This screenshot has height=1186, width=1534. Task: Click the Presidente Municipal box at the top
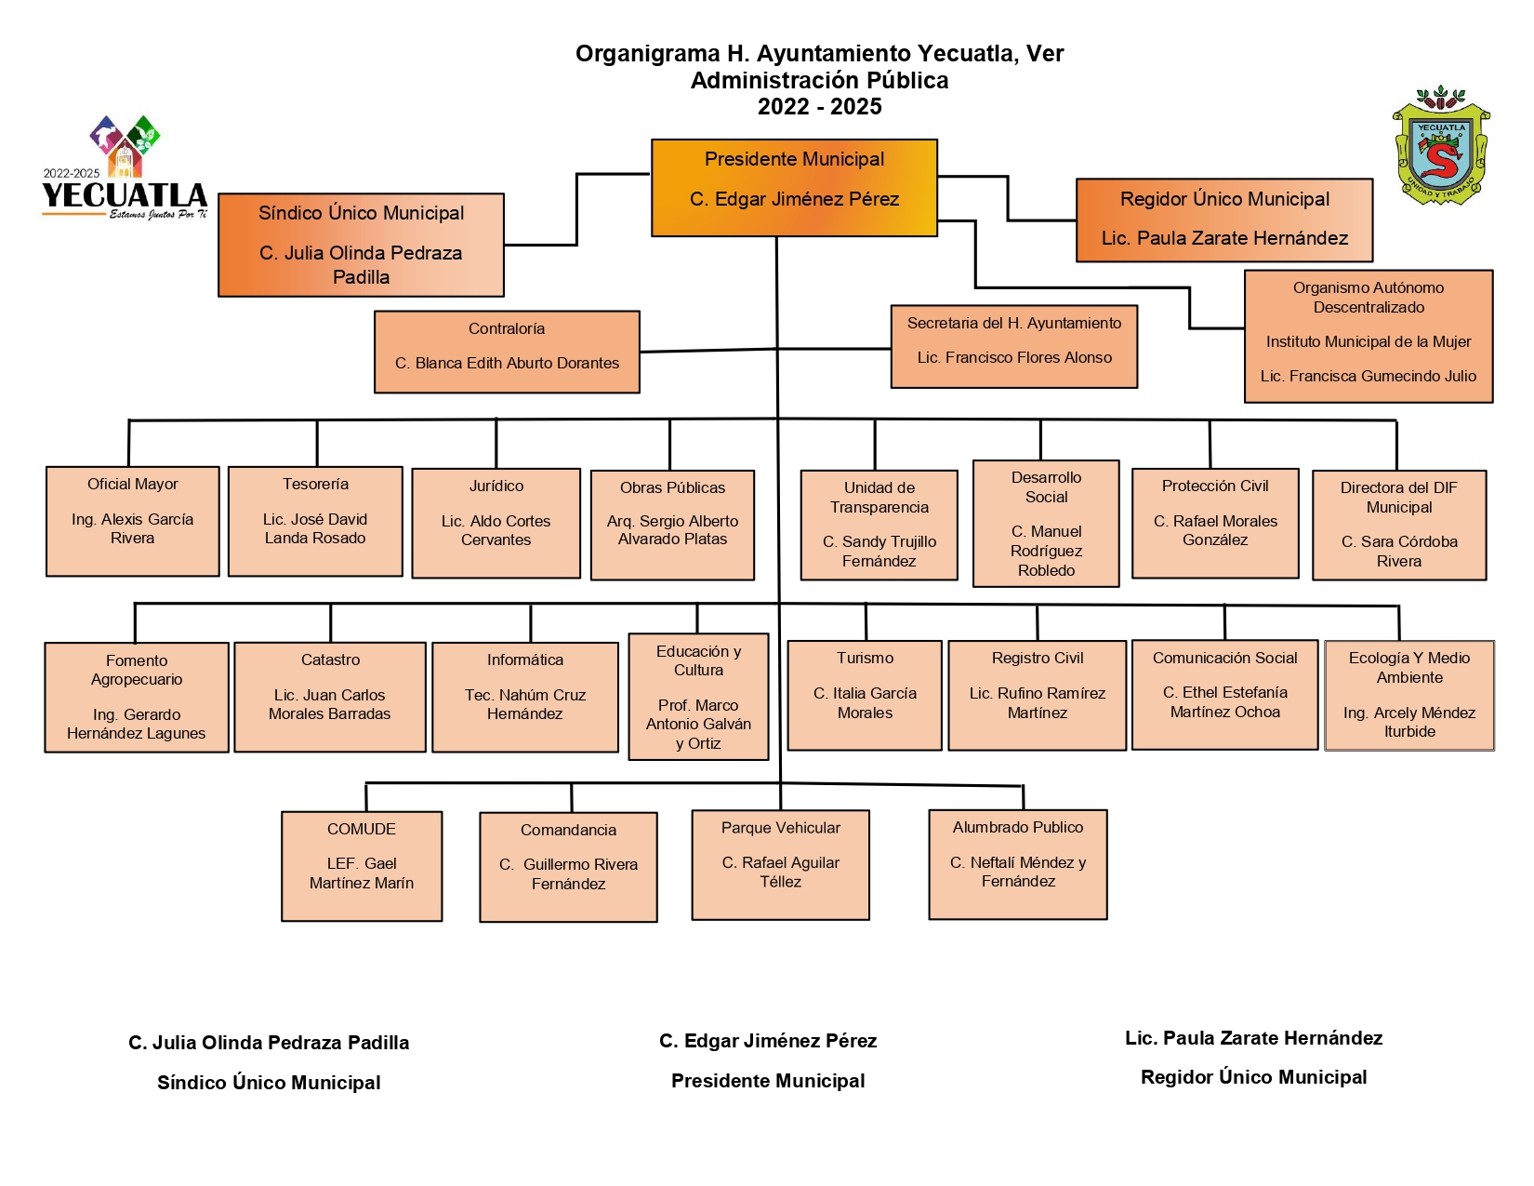click(793, 187)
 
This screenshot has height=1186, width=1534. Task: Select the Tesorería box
click(315, 521)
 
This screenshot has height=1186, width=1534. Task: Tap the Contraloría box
click(507, 352)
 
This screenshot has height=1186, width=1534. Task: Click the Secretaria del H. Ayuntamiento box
click(1013, 347)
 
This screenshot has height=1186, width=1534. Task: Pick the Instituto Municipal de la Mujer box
click(1369, 336)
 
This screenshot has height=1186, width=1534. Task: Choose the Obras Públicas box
click(672, 525)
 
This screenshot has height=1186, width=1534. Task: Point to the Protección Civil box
click(1215, 524)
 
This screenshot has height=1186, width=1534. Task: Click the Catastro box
click(330, 698)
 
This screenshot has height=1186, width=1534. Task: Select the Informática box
click(525, 698)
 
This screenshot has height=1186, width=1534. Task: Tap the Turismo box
click(865, 695)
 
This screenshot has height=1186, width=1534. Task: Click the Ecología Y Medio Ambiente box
click(1409, 695)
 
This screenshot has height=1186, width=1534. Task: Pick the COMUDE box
click(362, 866)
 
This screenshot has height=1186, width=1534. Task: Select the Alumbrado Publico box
click(1018, 864)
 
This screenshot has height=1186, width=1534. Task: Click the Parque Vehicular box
click(780, 864)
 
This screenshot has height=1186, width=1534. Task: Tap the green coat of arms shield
click(1441, 147)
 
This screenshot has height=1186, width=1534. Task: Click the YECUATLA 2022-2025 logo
click(125, 168)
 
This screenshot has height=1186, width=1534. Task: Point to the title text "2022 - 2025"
click(820, 107)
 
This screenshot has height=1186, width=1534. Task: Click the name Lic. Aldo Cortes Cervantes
click(496, 530)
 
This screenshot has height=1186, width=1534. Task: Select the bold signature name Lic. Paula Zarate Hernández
click(1254, 1038)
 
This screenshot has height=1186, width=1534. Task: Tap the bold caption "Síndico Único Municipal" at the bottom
click(269, 1082)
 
